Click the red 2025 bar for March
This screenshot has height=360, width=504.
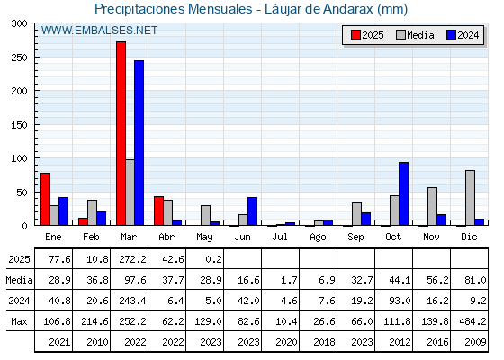click(x=121, y=133)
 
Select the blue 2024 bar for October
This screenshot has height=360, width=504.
click(x=403, y=193)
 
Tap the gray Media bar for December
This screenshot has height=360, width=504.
click(x=470, y=198)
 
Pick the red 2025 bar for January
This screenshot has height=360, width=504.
click(x=45, y=199)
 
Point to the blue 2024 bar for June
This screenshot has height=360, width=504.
click(x=252, y=211)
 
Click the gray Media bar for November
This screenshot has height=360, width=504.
click(x=432, y=206)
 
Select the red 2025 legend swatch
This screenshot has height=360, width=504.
click(x=355, y=35)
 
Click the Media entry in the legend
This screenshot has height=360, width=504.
click(x=415, y=35)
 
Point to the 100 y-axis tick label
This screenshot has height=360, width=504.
click(x=20, y=158)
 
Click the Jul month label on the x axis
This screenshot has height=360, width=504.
click(x=280, y=237)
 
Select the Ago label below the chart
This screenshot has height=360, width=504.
click(x=318, y=238)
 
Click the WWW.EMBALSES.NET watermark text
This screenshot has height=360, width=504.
click(x=99, y=31)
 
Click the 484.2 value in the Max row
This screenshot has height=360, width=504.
click(x=472, y=321)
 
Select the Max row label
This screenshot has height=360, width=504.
click(x=19, y=321)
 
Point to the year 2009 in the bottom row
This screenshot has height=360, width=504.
click(x=475, y=342)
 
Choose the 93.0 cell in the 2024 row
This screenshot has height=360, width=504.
click(x=400, y=301)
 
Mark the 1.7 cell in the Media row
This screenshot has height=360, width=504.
click(x=289, y=280)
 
